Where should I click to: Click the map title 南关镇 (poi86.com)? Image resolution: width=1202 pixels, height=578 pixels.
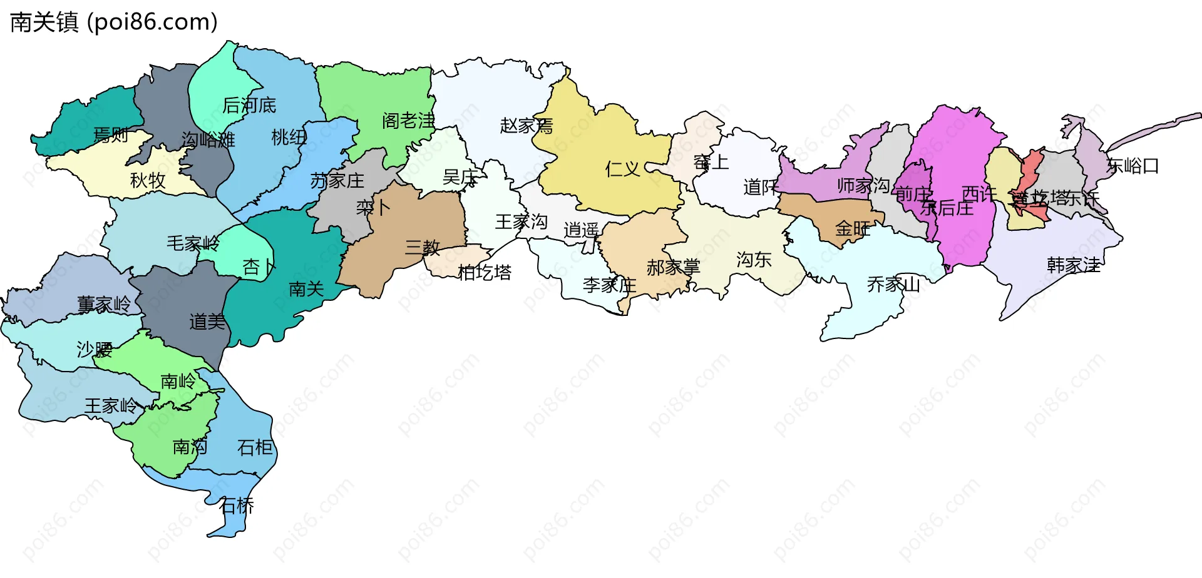[x=114, y=22]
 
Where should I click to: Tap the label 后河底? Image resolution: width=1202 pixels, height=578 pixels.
[x=249, y=105]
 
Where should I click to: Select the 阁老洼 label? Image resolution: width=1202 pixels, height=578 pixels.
[x=408, y=121]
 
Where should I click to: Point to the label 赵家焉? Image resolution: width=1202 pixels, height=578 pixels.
[x=527, y=126]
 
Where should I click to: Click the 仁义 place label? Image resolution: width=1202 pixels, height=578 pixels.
[x=622, y=169]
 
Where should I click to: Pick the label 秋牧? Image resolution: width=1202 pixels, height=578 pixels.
[x=148, y=180]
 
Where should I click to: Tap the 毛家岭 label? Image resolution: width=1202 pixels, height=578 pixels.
[x=193, y=243]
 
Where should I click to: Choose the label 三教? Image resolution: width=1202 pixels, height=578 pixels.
[x=423, y=248]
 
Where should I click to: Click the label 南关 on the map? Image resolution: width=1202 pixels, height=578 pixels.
[x=306, y=288]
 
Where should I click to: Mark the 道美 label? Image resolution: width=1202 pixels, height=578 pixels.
[x=207, y=322]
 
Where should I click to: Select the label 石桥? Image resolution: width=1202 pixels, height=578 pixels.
[x=237, y=505]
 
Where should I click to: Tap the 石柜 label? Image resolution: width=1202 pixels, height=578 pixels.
[x=255, y=447]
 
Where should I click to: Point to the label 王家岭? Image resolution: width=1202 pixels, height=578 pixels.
[x=111, y=406]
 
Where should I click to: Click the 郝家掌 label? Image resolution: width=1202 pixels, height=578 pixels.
[x=673, y=268]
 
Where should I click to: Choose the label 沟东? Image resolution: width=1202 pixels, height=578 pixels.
[x=754, y=260]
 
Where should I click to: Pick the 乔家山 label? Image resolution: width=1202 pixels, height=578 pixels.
[x=893, y=285]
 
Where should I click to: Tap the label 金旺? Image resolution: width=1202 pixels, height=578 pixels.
[x=853, y=229]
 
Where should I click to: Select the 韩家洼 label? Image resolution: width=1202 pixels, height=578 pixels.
[x=1074, y=265]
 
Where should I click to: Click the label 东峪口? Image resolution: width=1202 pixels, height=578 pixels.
[x=1133, y=166]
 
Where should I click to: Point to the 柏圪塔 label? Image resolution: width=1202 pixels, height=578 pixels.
[x=485, y=273]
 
